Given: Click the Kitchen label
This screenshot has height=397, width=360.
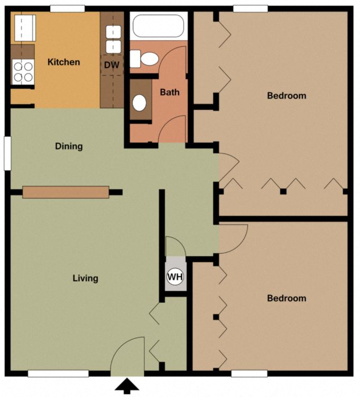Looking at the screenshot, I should tap(63, 62).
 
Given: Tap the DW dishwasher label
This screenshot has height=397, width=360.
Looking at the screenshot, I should tap(111, 65).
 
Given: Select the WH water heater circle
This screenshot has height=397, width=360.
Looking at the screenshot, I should tap(175, 276).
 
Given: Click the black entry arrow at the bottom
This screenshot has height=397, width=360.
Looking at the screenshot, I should tap(127, 386).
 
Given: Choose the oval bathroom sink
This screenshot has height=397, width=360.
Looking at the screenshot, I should tap(140, 102).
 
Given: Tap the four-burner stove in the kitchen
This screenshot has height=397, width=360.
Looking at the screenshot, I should tap(23, 72).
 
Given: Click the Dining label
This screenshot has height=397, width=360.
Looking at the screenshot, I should tap(69, 146).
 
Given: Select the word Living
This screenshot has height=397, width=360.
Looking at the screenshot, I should tap(85, 278).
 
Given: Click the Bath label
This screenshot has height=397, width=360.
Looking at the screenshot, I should tap(170, 93).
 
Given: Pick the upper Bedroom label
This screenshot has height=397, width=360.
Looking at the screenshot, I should tap(287, 96).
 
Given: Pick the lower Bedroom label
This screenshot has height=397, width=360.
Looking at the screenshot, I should tap(287, 298).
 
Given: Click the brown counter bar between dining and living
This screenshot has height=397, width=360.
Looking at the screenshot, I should tap(66, 192).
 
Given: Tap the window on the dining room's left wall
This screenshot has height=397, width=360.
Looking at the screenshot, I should tap(7, 153).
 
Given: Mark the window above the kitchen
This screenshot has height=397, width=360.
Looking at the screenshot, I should tap(67, 8).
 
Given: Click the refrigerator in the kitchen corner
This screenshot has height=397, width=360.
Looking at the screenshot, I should tap(24, 28).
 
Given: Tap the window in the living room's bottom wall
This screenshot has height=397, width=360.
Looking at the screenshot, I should tap(58, 374).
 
